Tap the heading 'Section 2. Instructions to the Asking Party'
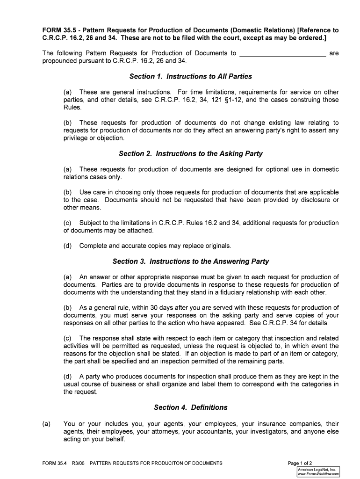(x=190, y=153)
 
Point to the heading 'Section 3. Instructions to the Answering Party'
(x=190, y=261)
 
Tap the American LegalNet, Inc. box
(x=318, y=472)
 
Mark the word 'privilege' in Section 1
(x=78, y=138)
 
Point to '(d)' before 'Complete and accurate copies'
(x=68, y=246)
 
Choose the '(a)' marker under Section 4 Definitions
(x=46, y=424)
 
